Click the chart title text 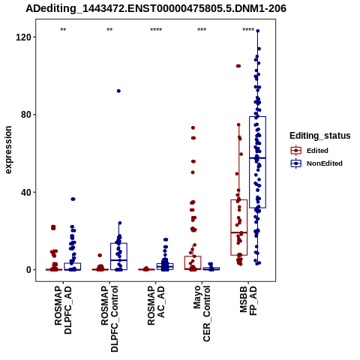tap(156, 8)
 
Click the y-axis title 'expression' tap(8, 150)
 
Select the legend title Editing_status tap(320, 136)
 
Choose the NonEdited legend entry tap(316, 163)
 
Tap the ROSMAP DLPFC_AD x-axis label tap(63, 310)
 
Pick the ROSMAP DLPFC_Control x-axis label tap(109, 319)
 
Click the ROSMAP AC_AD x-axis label tap(156, 305)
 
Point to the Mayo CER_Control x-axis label tap(202, 313)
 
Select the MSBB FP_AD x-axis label tap(248, 301)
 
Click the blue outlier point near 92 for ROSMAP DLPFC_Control tap(118, 91)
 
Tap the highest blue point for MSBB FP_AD tap(258, 31)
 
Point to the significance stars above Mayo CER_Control tap(202, 30)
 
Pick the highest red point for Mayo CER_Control tap(193, 127)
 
